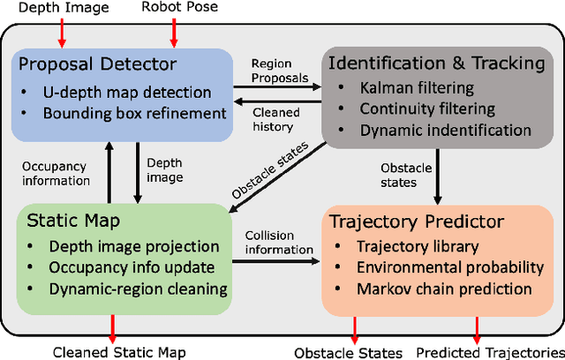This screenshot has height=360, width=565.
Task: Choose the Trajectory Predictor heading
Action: (418, 222)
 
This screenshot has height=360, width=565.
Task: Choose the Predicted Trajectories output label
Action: (486, 352)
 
